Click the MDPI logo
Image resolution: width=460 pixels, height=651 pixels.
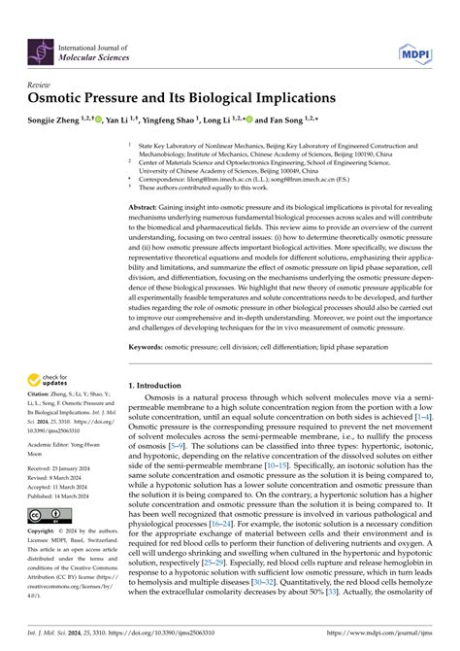pyautogui.click(x=409, y=51)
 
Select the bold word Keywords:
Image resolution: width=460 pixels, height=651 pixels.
pyautogui.click(x=149, y=346)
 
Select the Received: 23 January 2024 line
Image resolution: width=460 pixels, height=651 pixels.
pyautogui.click(x=63, y=468)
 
